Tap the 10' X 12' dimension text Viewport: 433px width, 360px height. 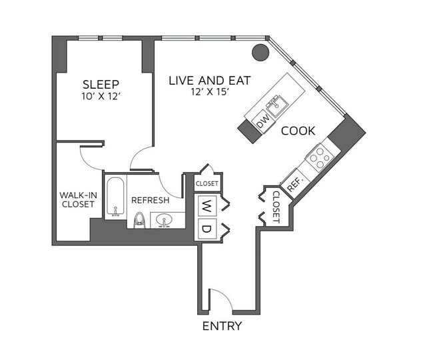coord(101,96)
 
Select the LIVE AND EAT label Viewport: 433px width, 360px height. coord(209,80)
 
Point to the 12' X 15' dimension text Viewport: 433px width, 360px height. coord(209,92)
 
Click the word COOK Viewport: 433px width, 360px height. coord(298,131)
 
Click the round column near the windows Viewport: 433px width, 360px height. coord(260,51)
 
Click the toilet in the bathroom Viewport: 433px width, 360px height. coord(139,219)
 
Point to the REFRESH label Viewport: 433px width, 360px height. coord(150,200)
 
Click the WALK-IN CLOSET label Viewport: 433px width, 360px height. coord(78,199)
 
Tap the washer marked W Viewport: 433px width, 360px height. coord(207,205)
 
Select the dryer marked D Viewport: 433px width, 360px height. coord(207,229)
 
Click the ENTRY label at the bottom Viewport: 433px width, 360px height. coord(222,327)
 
